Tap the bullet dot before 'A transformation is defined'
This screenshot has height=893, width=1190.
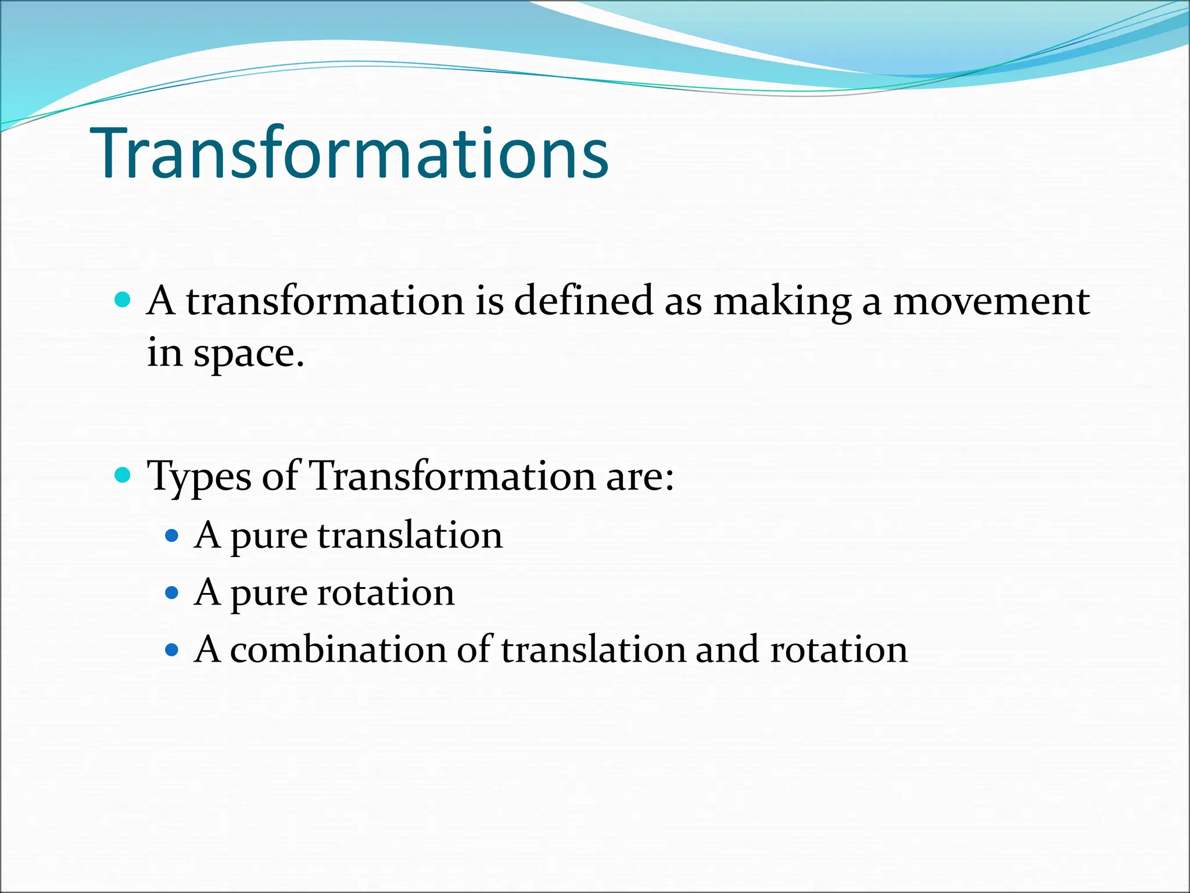point(123,300)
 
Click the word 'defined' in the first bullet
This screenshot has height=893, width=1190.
point(583,301)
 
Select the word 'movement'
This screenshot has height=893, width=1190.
point(991,302)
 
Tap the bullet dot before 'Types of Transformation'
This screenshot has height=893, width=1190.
point(123,476)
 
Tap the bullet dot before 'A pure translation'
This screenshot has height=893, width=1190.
point(171,535)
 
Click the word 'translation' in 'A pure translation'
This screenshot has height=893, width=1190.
point(410,535)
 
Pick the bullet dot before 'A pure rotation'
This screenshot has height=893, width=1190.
point(171,593)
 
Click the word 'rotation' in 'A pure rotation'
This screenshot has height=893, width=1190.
point(386,593)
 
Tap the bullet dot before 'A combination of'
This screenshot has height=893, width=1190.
point(171,649)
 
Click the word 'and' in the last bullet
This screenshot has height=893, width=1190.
point(727,649)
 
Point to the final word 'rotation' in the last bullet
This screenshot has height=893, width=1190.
point(838,649)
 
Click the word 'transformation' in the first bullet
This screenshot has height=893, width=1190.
point(325,301)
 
